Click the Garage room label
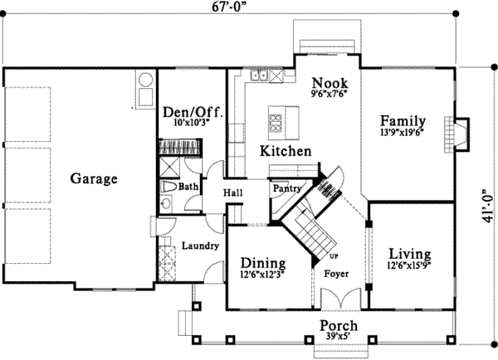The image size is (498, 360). point(94,178)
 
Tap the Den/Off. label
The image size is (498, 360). point(193,112)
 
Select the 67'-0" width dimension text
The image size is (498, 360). point(229,7)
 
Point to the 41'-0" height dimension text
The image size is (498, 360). point(489,206)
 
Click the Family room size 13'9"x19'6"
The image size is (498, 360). point(403,132)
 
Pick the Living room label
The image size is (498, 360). point(410,253)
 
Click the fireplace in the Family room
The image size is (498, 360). point(456,134)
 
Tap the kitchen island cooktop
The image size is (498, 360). point(276,123)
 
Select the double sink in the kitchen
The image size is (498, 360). point(259,75)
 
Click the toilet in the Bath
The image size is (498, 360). point(168,187)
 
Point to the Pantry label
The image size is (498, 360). point(287,188)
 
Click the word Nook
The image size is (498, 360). point(330,83)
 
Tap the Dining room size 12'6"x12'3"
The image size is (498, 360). point(262,274)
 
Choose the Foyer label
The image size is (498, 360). point(336,274)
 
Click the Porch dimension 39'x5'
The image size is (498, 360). point(339,336)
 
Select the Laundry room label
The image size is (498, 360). point(200,246)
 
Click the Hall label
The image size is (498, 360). point(232,192)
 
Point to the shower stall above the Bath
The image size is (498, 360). point(169,167)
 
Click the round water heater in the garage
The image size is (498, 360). point(145,80)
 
